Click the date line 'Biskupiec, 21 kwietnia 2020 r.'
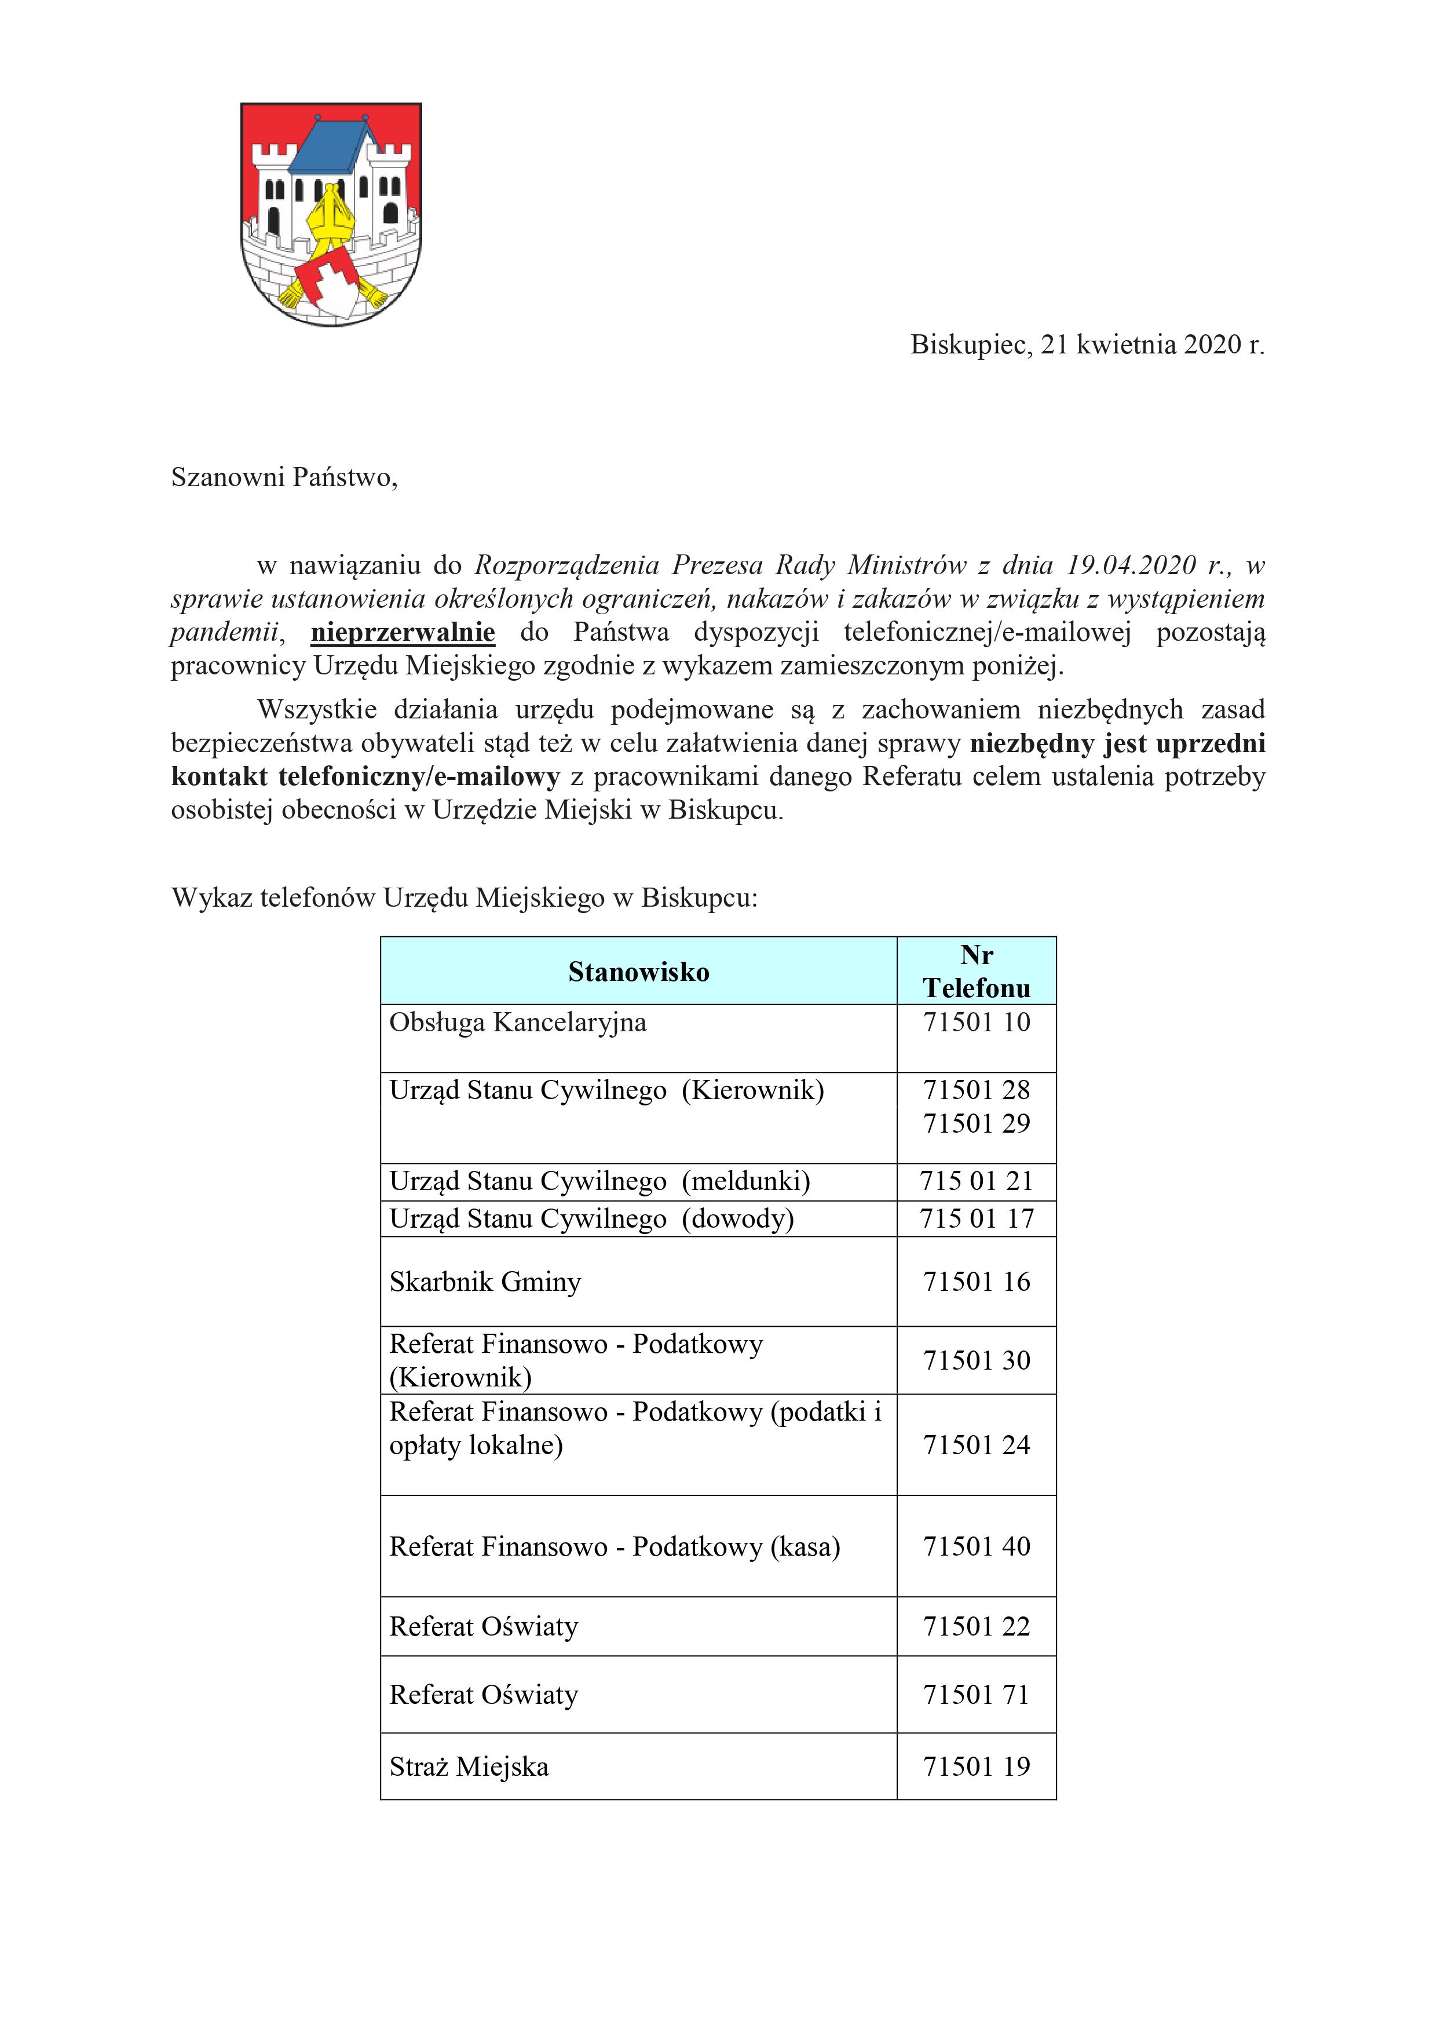[1087, 345]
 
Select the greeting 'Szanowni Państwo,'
[284, 477]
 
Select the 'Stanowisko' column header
[638, 972]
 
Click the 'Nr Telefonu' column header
[976, 972]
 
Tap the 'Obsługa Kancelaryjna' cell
[518, 1023]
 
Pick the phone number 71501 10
[976, 1023]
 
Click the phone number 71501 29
[976, 1123]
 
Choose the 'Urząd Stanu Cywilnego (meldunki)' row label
[599, 1181]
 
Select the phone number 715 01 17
[976, 1218]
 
